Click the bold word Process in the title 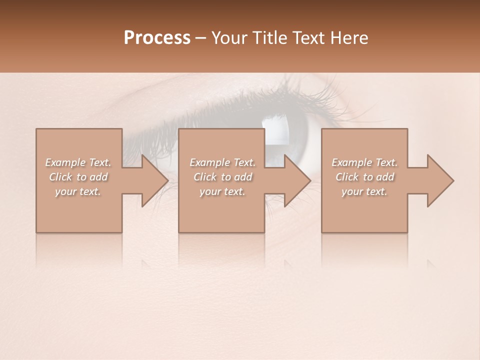point(157,38)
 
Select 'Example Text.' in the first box point(78,162)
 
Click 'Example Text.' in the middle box point(222,162)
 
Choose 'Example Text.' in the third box point(364,162)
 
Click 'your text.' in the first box point(78,191)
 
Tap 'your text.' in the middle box point(222,191)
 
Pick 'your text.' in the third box point(364,191)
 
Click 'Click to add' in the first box point(78,177)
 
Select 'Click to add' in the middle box point(222,177)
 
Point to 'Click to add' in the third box point(364,177)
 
